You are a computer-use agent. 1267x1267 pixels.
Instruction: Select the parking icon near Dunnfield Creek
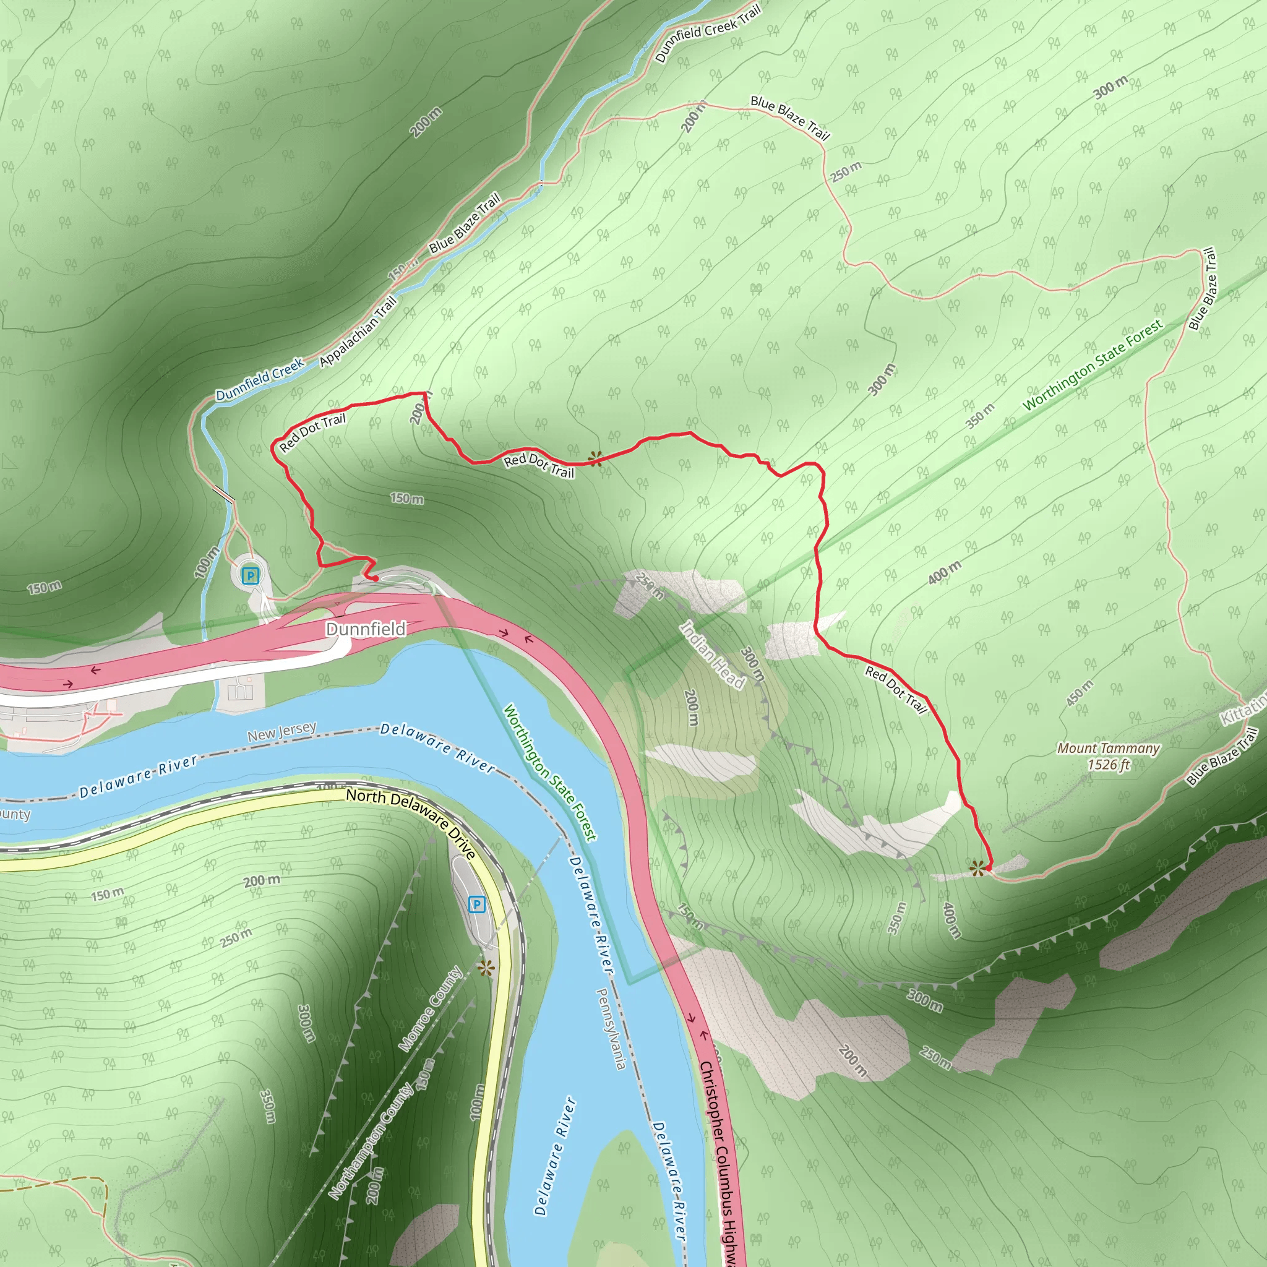[250, 576]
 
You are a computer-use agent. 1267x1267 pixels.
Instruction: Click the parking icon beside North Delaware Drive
[477, 905]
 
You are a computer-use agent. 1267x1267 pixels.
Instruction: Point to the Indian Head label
[712, 655]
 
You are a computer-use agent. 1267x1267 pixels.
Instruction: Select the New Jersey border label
[282, 731]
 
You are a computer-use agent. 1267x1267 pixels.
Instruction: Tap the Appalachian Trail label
[359, 330]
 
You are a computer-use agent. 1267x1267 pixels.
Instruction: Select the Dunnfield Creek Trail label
[708, 33]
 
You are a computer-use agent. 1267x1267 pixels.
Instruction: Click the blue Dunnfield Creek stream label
[260, 379]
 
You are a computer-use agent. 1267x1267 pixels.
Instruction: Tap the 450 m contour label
[1080, 692]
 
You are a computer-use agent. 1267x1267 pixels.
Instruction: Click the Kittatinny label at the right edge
[1243, 710]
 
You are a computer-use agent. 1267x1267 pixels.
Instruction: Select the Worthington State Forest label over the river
[549, 773]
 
